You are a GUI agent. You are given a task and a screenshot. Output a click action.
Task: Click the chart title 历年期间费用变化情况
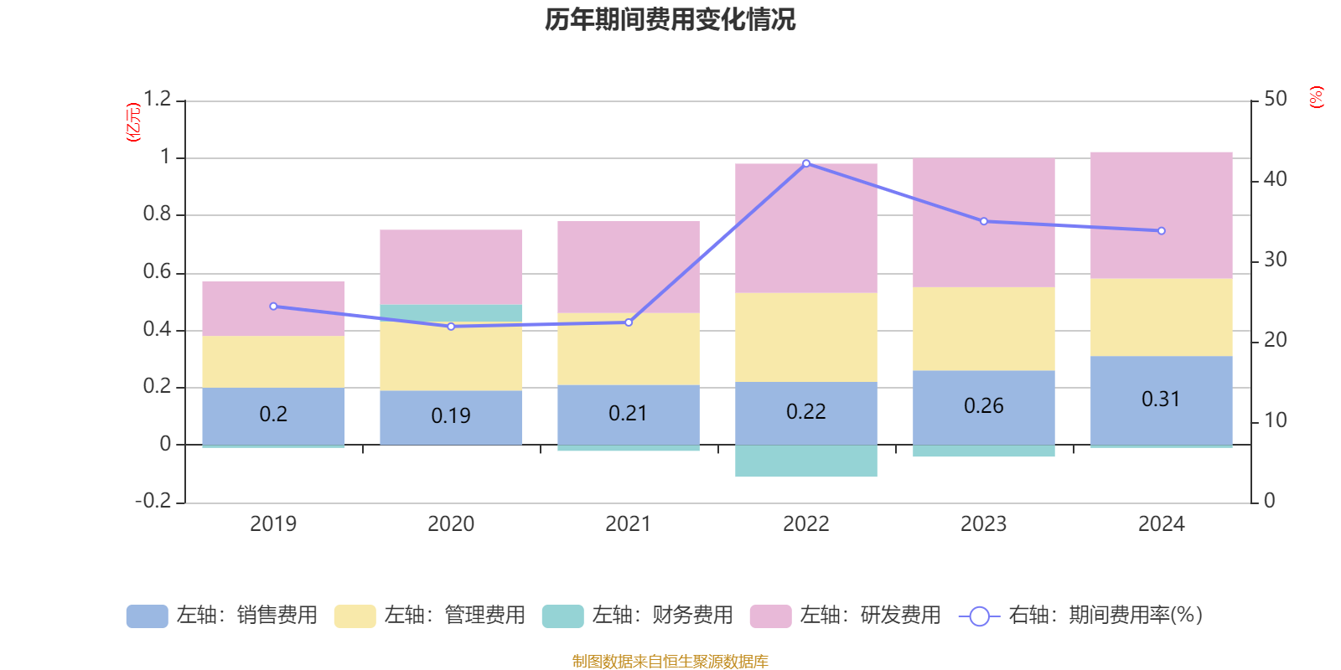(x=670, y=19)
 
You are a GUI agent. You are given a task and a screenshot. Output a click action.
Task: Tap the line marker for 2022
(x=806, y=163)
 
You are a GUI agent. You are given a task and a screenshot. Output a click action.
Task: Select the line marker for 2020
(x=451, y=327)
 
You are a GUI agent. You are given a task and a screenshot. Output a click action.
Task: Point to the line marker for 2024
(x=1162, y=231)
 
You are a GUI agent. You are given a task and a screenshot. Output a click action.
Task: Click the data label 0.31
(x=1161, y=399)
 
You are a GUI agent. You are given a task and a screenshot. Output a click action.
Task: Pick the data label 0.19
(x=451, y=415)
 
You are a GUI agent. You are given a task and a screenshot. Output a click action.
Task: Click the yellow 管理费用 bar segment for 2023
(x=984, y=329)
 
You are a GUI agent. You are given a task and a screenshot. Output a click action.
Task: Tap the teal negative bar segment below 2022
(x=806, y=461)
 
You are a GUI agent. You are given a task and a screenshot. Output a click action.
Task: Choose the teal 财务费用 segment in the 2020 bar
(x=451, y=312)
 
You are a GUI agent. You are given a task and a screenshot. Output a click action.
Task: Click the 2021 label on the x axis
(x=628, y=524)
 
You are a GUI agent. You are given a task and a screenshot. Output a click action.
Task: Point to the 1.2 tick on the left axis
(x=157, y=100)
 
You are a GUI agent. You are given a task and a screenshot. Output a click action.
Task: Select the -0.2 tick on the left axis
(x=153, y=501)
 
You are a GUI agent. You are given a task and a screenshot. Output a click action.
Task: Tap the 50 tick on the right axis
(x=1275, y=100)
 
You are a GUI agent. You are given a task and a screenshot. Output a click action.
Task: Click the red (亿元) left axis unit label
(x=132, y=122)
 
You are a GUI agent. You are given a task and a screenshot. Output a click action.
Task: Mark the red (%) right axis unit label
(x=1317, y=97)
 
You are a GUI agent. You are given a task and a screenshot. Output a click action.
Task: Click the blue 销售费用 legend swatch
(x=147, y=616)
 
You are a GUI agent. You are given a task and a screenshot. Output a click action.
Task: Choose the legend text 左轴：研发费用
(x=870, y=616)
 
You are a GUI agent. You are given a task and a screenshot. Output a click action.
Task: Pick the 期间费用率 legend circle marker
(x=979, y=616)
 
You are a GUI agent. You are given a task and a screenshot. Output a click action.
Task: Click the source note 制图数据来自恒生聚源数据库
(x=670, y=662)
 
